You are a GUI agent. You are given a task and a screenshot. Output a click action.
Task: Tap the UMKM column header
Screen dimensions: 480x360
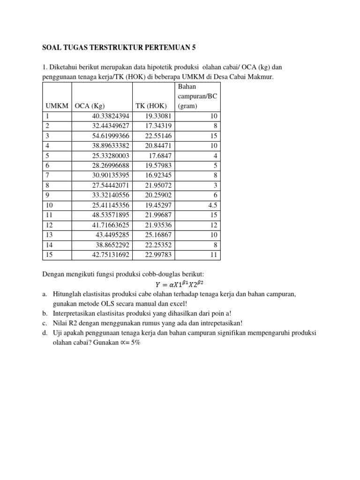56,106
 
